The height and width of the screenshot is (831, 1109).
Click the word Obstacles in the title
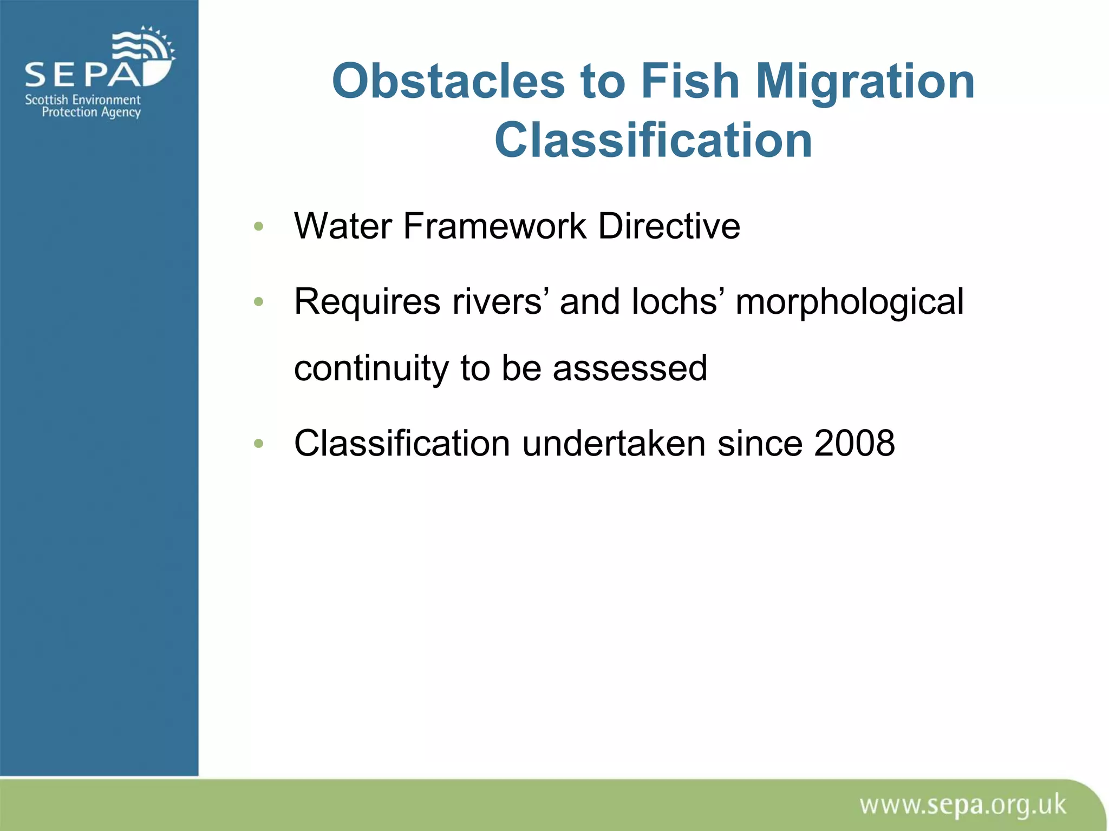[449, 81]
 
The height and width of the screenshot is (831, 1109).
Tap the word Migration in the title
[865, 82]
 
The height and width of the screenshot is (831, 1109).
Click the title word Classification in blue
[653, 140]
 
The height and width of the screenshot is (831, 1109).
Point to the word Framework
[494, 226]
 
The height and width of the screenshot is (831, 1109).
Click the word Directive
[669, 226]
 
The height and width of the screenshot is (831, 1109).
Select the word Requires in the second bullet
[367, 301]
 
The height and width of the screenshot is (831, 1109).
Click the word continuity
[371, 368]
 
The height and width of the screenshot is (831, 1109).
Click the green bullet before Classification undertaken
[258, 444]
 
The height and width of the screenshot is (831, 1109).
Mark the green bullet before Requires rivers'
[258, 302]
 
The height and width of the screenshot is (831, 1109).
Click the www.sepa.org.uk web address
[962, 806]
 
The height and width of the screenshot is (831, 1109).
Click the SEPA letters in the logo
[81, 75]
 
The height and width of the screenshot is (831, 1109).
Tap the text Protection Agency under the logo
[91, 112]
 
